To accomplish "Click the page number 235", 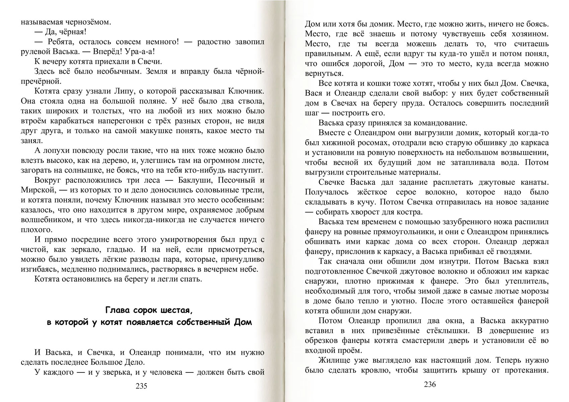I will tap(142, 386).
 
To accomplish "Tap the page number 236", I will tap(430, 384).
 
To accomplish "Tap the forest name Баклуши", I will tap(194, 180).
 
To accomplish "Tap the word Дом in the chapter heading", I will tap(243, 323).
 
